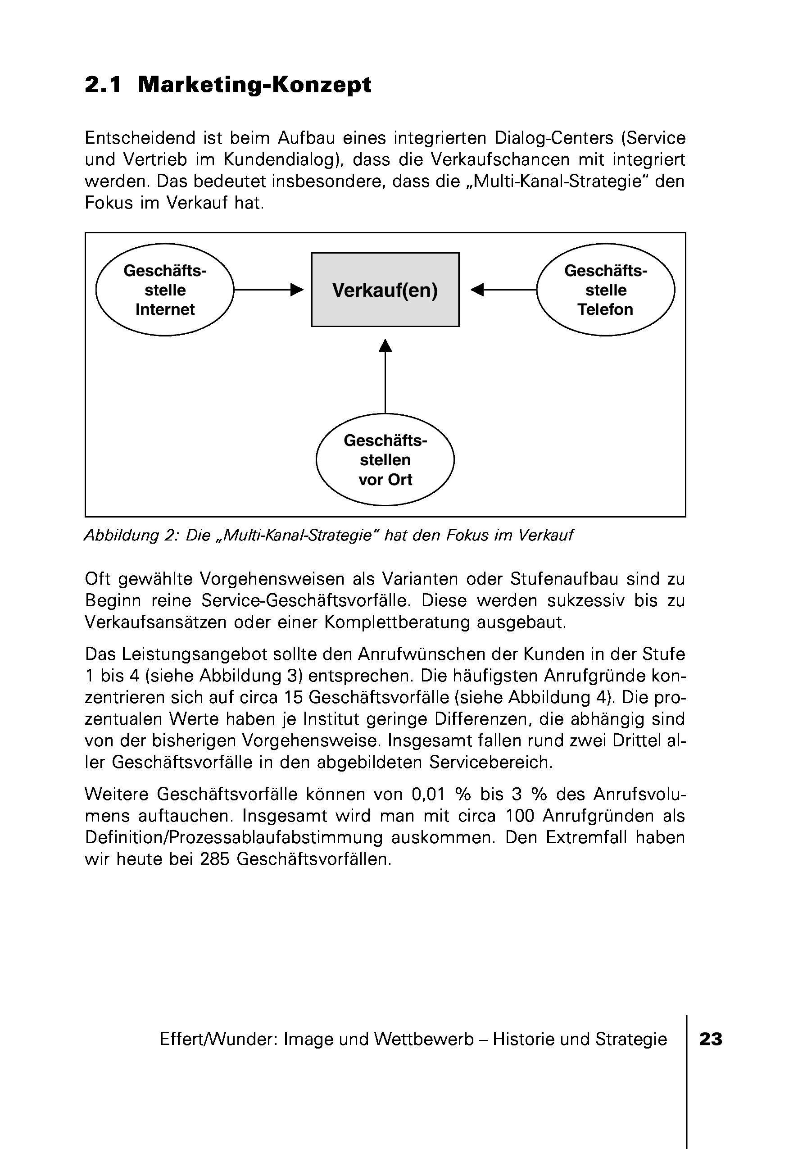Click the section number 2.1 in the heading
point(103,85)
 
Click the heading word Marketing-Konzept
point(254,85)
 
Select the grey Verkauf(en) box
point(385,290)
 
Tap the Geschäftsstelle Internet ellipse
point(164,290)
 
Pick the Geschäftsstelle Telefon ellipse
point(606,290)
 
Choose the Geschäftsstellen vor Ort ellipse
point(385,459)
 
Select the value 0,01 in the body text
point(428,794)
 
